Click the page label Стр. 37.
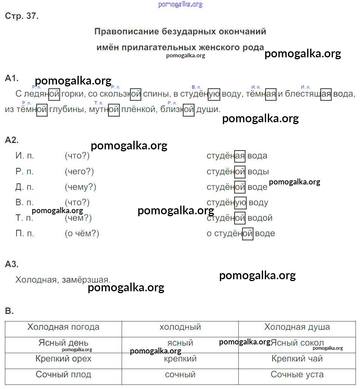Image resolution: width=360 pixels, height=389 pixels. click(22, 16)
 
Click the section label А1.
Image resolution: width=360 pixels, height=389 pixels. click(11, 78)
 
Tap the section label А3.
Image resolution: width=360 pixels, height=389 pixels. click(11, 264)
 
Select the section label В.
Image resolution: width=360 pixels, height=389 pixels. click(9, 311)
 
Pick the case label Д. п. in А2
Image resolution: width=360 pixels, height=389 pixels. click(25, 187)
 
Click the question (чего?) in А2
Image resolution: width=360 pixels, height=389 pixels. click(79, 171)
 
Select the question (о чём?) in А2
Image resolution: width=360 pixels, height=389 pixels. click(82, 234)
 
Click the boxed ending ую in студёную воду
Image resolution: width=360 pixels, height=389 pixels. click(240, 202)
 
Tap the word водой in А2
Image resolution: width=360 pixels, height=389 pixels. click(260, 218)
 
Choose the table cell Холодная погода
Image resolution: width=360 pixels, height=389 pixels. click(63, 327)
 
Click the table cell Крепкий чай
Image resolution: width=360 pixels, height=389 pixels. click(297, 359)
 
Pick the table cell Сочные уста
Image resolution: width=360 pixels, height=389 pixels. click(297, 375)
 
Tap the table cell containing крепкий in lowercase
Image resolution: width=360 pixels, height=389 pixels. click(180, 359)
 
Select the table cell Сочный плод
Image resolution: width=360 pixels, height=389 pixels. click(63, 375)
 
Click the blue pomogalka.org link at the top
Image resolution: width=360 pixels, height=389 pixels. click(180, 5)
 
